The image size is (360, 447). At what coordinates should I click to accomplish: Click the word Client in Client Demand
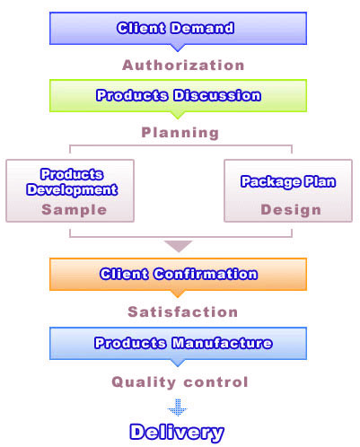[x=141, y=28]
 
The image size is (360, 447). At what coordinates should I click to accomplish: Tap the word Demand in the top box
[x=203, y=28]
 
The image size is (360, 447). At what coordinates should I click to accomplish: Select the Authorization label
[x=183, y=66]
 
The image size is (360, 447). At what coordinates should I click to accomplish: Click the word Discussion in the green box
[x=217, y=95]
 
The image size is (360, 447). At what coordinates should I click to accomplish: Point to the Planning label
[x=180, y=133]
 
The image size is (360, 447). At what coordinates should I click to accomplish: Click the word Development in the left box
[x=72, y=189]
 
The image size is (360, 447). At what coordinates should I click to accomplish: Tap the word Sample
[x=75, y=209]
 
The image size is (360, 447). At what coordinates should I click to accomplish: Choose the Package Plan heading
[x=288, y=181]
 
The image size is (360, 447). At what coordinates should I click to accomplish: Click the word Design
[x=291, y=209]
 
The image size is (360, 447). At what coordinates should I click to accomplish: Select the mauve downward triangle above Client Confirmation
[x=179, y=246]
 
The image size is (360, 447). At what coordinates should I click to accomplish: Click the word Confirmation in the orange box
[x=206, y=274]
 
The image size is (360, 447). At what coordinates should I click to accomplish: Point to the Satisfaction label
[x=183, y=311]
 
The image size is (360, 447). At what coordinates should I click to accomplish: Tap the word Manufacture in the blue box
[x=223, y=343]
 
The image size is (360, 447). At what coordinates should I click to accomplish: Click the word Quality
[x=144, y=382]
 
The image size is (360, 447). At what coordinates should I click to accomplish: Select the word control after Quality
[x=215, y=382]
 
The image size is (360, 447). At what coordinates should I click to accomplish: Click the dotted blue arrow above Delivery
[x=178, y=408]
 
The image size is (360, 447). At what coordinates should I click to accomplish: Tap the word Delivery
[x=177, y=433]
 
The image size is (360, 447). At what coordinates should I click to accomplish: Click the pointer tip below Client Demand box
[x=178, y=51]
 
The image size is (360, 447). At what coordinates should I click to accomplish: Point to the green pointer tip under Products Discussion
[x=178, y=118]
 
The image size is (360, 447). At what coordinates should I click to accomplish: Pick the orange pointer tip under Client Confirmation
[x=178, y=297]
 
